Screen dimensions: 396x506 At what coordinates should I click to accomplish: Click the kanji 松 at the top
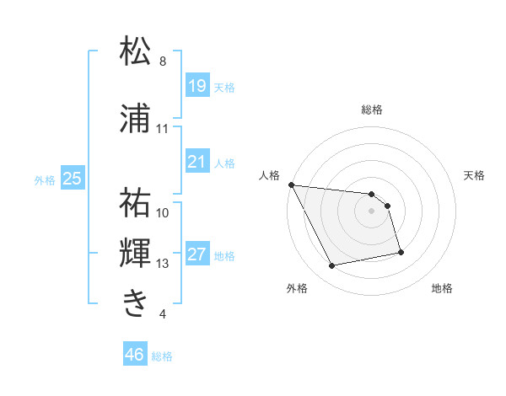pyautogui.click(x=136, y=52)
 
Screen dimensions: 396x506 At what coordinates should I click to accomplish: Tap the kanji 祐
pyautogui.click(x=136, y=203)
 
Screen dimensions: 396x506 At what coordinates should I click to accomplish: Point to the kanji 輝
pyautogui.click(x=136, y=254)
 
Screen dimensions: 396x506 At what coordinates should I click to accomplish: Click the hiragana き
pyautogui.click(x=136, y=302)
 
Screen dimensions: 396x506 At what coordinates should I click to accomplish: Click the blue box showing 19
pyautogui.click(x=196, y=86)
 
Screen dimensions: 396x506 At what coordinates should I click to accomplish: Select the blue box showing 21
pyautogui.click(x=196, y=162)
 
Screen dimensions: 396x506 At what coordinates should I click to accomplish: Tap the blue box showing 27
pyautogui.click(x=196, y=254)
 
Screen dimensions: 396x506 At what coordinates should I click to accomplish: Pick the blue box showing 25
pyautogui.click(x=73, y=179)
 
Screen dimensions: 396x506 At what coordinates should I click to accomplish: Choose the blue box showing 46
pyautogui.click(x=135, y=355)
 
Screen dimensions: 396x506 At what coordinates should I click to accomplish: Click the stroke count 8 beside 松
pyautogui.click(x=163, y=62)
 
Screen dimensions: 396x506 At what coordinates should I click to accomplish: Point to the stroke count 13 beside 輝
pyautogui.click(x=163, y=264)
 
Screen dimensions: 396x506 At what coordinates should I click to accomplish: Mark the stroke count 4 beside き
pyautogui.click(x=163, y=314)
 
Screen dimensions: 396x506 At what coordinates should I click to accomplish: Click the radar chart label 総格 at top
pyautogui.click(x=372, y=110)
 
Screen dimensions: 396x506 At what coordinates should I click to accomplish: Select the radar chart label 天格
pyautogui.click(x=475, y=175)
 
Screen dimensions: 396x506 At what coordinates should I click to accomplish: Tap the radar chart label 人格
pyautogui.click(x=269, y=175)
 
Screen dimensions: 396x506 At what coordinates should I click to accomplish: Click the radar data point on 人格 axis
pyautogui.click(x=291, y=185)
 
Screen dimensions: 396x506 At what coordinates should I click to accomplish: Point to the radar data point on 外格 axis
pyautogui.click(x=332, y=266)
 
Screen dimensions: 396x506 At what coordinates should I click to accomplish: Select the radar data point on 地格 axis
pyautogui.click(x=401, y=252)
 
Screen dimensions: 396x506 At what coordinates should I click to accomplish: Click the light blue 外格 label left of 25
pyautogui.click(x=45, y=179)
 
